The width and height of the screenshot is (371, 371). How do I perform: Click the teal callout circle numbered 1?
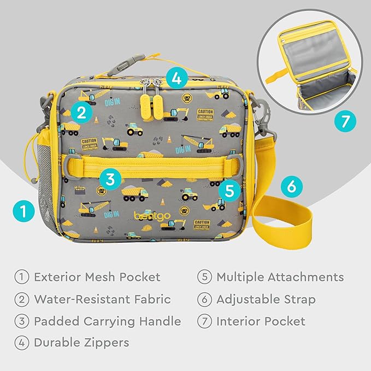click(x=22, y=210)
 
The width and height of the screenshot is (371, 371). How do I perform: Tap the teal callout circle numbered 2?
click(x=81, y=113)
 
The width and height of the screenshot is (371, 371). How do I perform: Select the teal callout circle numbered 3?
click(x=110, y=178)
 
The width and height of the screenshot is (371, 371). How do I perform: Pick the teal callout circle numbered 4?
click(x=175, y=78)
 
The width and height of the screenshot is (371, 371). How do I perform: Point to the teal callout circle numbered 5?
click(x=229, y=190)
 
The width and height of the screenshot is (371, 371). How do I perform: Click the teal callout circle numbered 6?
click(x=291, y=187)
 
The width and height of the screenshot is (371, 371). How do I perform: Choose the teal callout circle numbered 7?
click(x=344, y=121)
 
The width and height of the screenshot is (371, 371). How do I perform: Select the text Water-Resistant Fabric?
click(x=102, y=299)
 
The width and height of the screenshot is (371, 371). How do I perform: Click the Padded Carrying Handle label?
click(x=107, y=321)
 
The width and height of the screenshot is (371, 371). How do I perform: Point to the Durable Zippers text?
click(x=81, y=343)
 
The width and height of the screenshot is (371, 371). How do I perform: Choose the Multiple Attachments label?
click(x=280, y=277)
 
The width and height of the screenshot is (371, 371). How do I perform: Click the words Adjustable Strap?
click(x=266, y=299)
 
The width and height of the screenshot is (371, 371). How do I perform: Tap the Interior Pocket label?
click(x=261, y=321)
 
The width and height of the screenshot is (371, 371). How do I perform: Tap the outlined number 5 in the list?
click(x=204, y=277)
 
